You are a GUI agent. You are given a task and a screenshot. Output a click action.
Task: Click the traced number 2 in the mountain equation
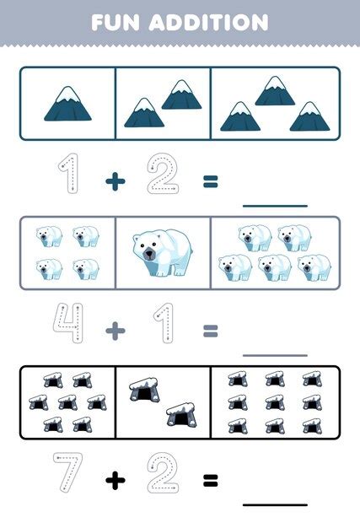pyautogui.click(x=163, y=175)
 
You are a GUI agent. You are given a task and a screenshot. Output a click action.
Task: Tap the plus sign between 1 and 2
pyautogui.click(x=116, y=180)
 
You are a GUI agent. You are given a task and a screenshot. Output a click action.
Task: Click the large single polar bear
pyautogui.click(x=162, y=253)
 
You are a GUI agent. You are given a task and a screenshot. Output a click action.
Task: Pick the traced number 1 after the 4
pyautogui.click(x=163, y=326)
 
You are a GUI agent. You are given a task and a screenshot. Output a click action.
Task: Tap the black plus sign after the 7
pyautogui.click(x=116, y=481)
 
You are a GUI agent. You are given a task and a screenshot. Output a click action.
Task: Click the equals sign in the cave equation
pyautogui.click(x=210, y=481)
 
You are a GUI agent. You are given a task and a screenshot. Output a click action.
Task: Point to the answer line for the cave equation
pyautogui.click(x=274, y=504)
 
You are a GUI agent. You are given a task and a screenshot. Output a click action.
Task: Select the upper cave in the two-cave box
pyautogui.click(x=144, y=389)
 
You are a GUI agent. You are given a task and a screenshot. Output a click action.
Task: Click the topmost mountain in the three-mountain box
pyautogui.click(x=274, y=90)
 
